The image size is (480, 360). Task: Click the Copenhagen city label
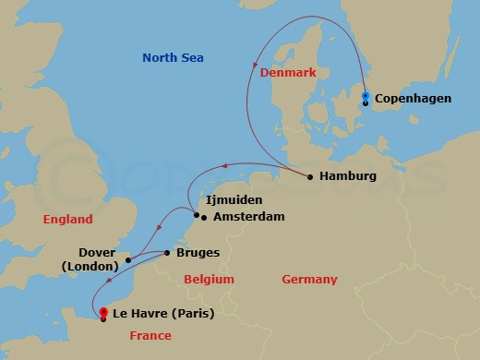coord(414,98)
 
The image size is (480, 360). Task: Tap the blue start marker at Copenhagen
coord(366,96)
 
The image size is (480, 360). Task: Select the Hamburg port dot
coord(310,176)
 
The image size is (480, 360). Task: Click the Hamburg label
coord(347,176)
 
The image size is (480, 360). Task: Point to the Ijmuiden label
coord(234,199)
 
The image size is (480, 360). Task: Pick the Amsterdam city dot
coord(204,218)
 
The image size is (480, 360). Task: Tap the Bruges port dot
coord(166,252)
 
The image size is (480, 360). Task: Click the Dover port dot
coord(128,259)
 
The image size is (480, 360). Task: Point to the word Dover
coord(97,252)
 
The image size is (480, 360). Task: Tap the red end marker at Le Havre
coord(103,312)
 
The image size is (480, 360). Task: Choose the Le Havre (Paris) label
coord(158,313)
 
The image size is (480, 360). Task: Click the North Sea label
coord(173,58)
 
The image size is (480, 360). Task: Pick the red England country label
coord(68,220)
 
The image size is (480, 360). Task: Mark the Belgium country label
coord(209,280)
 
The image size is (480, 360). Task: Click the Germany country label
coord(309,280)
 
